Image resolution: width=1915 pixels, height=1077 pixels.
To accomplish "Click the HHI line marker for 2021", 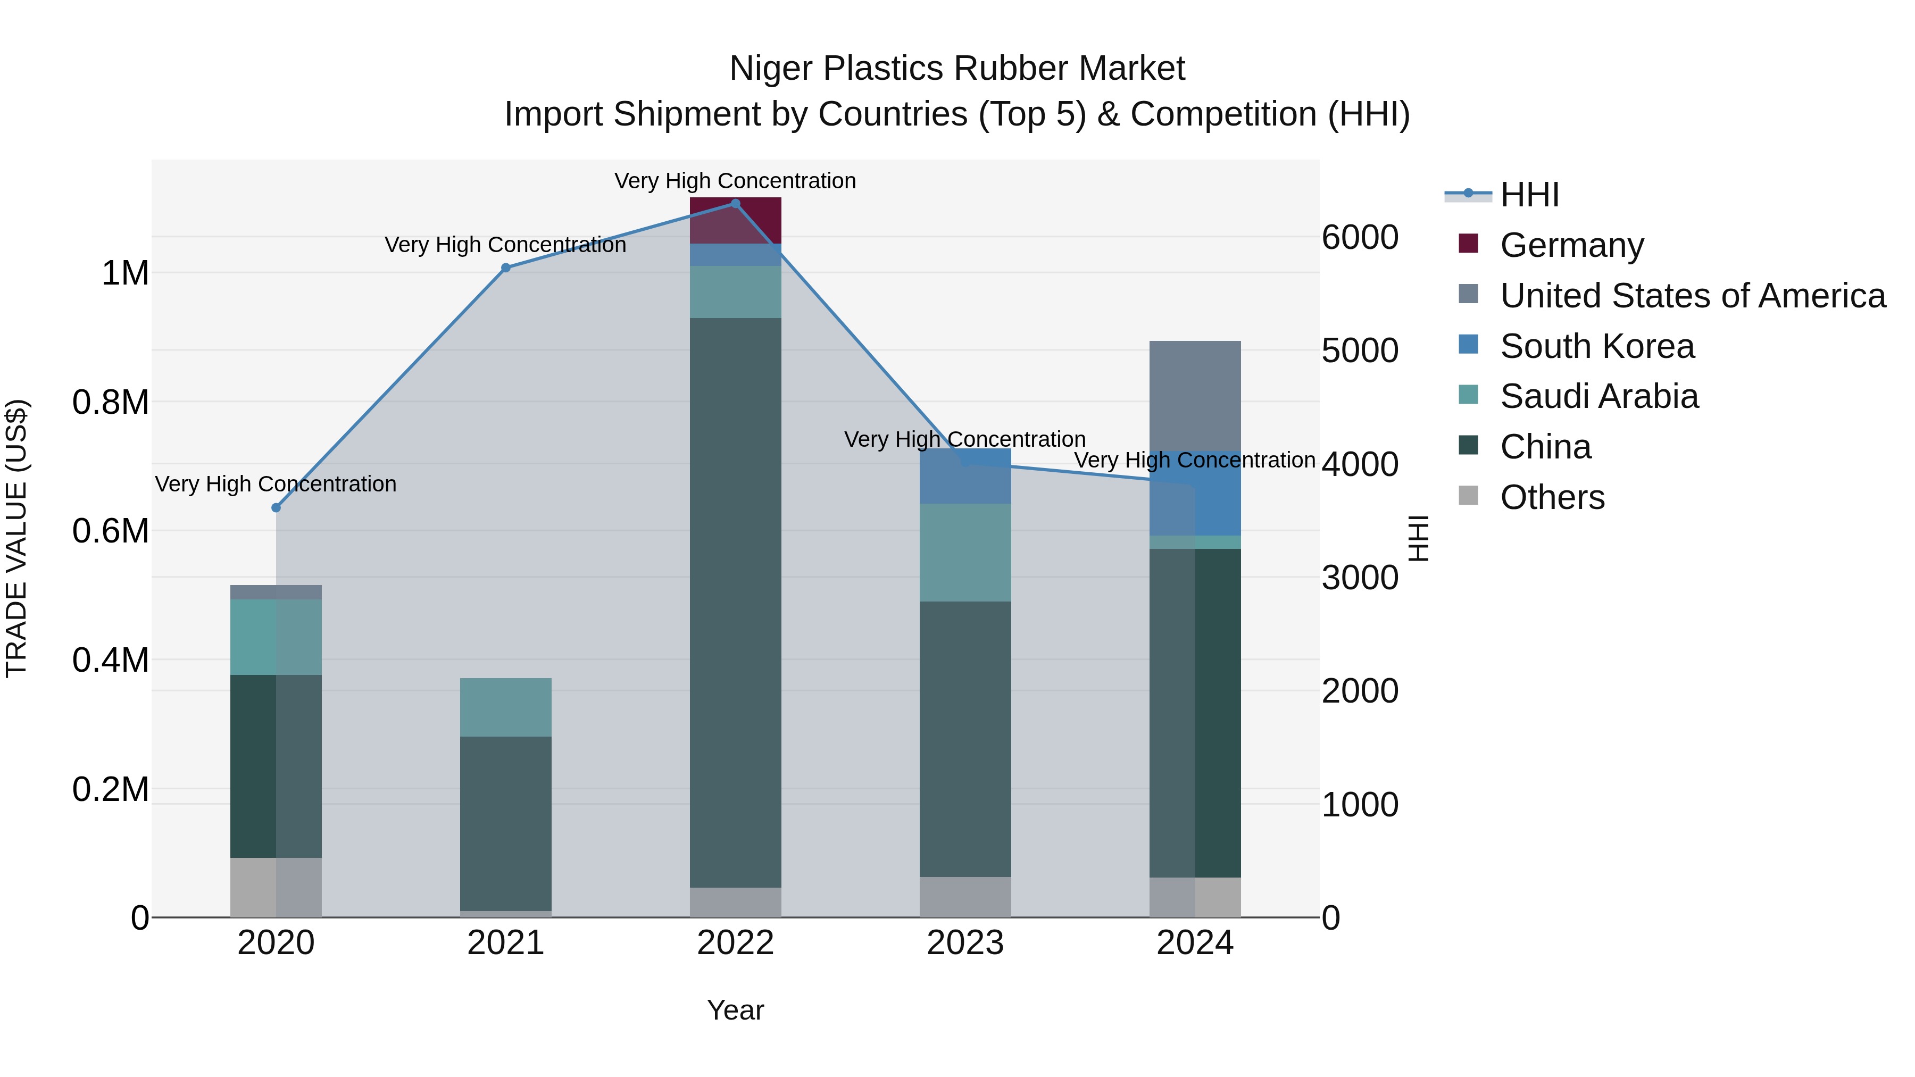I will [x=505, y=268].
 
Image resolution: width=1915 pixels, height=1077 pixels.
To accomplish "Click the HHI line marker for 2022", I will [x=735, y=204].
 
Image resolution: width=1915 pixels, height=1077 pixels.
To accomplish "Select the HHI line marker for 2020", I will [x=276, y=508].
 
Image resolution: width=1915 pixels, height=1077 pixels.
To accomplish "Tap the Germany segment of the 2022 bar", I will [x=735, y=221].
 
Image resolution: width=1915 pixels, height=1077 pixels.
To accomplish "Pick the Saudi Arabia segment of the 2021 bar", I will [x=505, y=707].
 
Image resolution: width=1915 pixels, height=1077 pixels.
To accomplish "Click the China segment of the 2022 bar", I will [x=735, y=602].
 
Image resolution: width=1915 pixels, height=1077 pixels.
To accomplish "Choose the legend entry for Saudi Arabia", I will [x=1598, y=396].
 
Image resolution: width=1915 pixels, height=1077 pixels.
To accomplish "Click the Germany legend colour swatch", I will [x=1468, y=243].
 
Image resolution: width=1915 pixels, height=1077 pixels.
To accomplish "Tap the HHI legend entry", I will [x=1529, y=195].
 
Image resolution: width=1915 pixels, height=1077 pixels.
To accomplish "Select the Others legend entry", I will [x=1552, y=497].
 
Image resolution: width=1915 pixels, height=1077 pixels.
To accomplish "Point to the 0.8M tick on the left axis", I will [x=110, y=402].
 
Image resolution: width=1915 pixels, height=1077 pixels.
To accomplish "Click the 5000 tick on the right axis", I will [x=1360, y=351].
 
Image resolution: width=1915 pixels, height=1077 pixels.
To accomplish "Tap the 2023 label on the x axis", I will [x=965, y=943].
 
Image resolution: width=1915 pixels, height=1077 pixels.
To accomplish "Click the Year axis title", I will [x=735, y=1010].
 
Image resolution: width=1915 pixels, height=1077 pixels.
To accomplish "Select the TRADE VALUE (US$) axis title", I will [x=16, y=538].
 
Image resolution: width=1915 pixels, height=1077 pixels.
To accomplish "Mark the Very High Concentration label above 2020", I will [x=276, y=484].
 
